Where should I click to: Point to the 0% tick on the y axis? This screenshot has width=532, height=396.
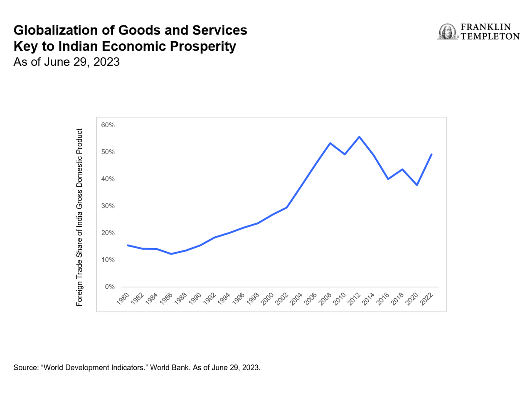point(109,287)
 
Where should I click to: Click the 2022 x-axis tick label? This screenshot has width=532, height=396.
point(427,299)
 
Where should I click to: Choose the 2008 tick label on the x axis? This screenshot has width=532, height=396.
point(326,299)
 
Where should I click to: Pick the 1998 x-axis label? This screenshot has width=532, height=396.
point(254,299)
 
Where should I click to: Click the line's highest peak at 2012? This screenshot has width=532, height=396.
point(359,137)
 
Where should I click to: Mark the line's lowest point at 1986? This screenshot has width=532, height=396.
point(171,254)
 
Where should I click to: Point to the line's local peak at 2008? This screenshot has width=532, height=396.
point(330,143)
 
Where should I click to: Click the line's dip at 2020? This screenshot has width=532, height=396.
point(417,185)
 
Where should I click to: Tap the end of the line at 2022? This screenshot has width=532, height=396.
point(431,154)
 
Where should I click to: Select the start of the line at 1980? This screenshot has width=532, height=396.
point(128,245)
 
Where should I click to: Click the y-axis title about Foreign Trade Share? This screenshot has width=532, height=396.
point(79,218)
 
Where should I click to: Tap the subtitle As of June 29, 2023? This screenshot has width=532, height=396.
point(66,62)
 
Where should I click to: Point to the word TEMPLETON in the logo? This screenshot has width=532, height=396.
point(490,36)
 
